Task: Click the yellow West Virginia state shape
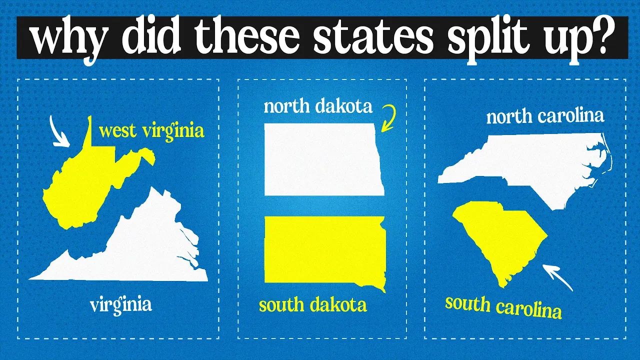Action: coord(90,185)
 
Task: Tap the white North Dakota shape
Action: coord(322,159)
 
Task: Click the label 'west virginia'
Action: coord(151,131)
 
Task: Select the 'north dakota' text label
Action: coord(318,106)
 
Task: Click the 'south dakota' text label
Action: coord(312,304)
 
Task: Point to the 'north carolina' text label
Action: coord(545,117)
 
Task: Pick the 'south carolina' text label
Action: coord(503,306)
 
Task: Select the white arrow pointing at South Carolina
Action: coord(558,277)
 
